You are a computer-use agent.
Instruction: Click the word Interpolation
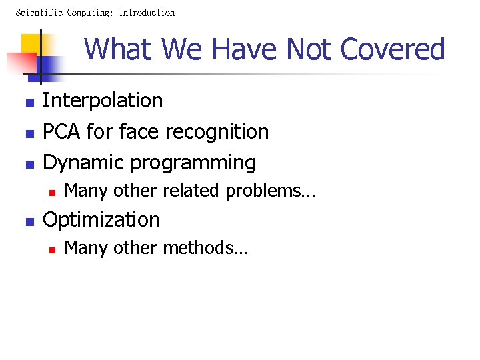tap(103, 101)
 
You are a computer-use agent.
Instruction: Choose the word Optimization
tap(101, 220)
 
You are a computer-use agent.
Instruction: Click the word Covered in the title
tap(392, 49)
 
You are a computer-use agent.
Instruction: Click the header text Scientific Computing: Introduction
tap(95, 13)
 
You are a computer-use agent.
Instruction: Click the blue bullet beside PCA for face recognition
tap(29, 134)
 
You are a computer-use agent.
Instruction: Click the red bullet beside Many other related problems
tap(51, 193)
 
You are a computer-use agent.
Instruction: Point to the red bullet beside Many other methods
tap(51, 250)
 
